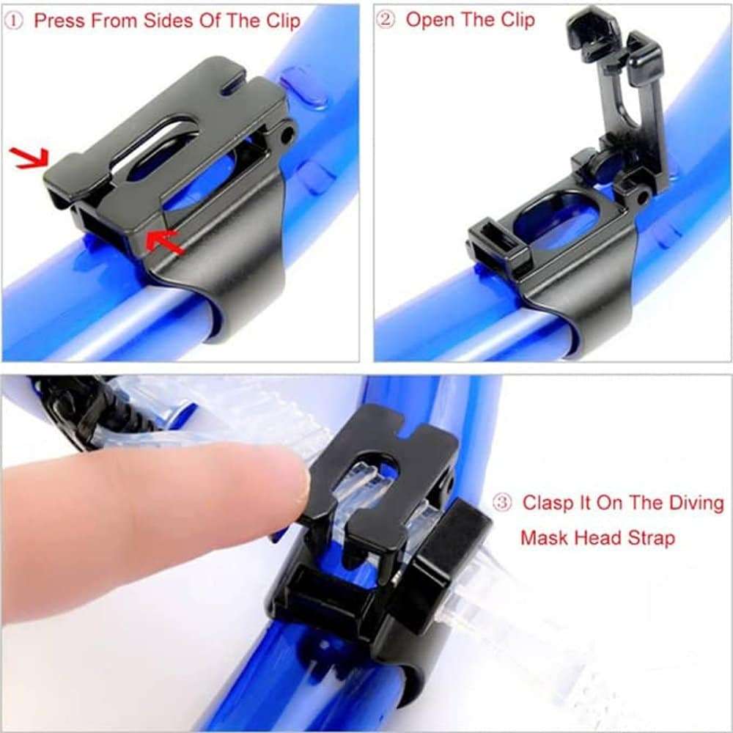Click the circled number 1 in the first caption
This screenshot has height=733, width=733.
(x=18, y=21)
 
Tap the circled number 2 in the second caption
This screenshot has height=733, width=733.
(x=387, y=21)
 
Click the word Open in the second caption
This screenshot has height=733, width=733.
(x=430, y=21)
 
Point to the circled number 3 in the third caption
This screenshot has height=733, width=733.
(x=502, y=504)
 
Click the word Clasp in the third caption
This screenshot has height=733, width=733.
(x=545, y=504)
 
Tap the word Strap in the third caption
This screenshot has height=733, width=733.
(x=649, y=538)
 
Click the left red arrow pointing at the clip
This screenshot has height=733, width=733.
(x=31, y=157)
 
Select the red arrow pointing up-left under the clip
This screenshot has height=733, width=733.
(x=164, y=243)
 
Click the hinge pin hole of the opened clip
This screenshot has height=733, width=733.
(x=642, y=197)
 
